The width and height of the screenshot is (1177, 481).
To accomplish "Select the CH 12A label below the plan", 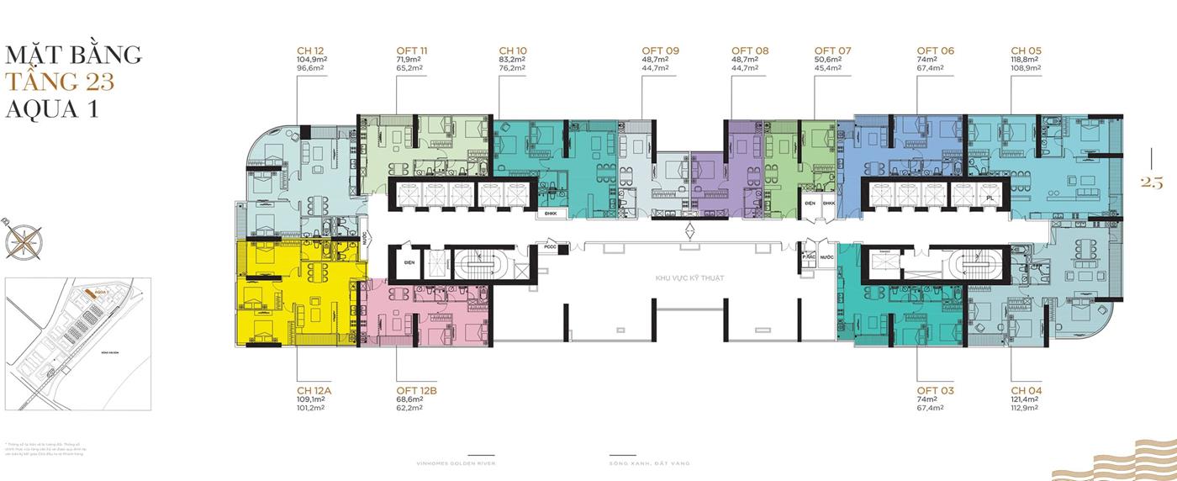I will pyautogui.click(x=314, y=391).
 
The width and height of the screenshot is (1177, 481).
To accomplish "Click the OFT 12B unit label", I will pyautogui.click(x=415, y=391).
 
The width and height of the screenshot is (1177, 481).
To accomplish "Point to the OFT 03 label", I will pyautogui.click(x=936, y=391).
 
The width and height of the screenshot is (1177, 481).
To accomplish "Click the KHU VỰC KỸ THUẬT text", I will pyautogui.click(x=689, y=277).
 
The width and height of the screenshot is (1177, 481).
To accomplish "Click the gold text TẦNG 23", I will pyautogui.click(x=59, y=82).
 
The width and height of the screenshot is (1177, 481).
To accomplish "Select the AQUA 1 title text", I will pyautogui.click(x=52, y=109).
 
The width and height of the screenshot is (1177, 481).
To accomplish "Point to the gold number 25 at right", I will pyautogui.click(x=1151, y=182).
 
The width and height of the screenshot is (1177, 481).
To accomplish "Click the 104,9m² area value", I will pyautogui.click(x=311, y=60).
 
